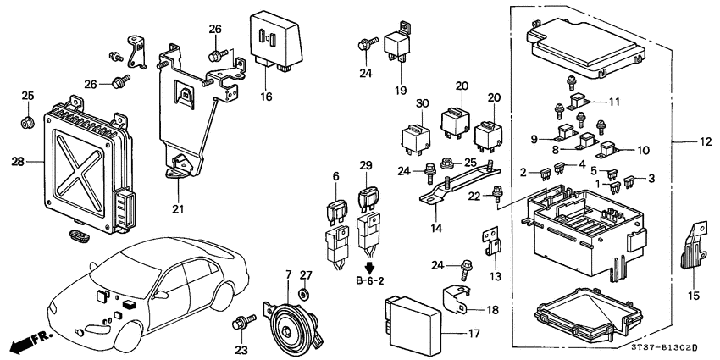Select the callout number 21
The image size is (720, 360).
[x=177, y=209]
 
